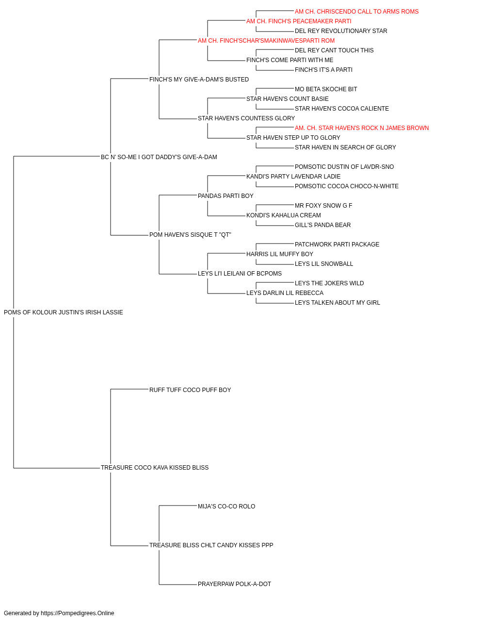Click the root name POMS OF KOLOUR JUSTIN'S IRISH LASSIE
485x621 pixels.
click(64, 312)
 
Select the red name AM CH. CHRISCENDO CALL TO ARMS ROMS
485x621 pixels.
click(356, 12)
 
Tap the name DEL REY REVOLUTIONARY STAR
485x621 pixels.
click(341, 31)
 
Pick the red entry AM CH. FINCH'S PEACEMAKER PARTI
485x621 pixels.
click(298, 21)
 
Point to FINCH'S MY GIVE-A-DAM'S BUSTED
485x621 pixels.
click(199, 80)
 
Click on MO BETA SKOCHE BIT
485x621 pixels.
click(325, 89)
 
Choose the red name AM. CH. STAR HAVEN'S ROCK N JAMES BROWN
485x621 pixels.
click(362, 128)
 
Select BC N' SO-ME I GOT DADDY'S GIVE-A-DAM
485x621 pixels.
click(159, 157)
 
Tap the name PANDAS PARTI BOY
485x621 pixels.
click(226, 196)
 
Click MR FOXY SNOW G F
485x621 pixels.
click(323, 206)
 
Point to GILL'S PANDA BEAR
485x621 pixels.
click(323, 225)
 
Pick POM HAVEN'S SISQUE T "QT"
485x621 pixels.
click(190, 235)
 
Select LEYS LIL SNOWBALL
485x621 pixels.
click(323, 264)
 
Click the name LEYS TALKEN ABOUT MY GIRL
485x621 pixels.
click(337, 303)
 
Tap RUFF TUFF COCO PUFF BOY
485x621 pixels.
click(190, 390)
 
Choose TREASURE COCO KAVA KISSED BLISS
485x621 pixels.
click(155, 468)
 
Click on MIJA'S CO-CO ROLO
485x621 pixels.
click(226, 507)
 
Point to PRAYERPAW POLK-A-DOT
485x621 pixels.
click(234, 584)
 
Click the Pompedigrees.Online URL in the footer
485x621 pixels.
click(77, 613)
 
